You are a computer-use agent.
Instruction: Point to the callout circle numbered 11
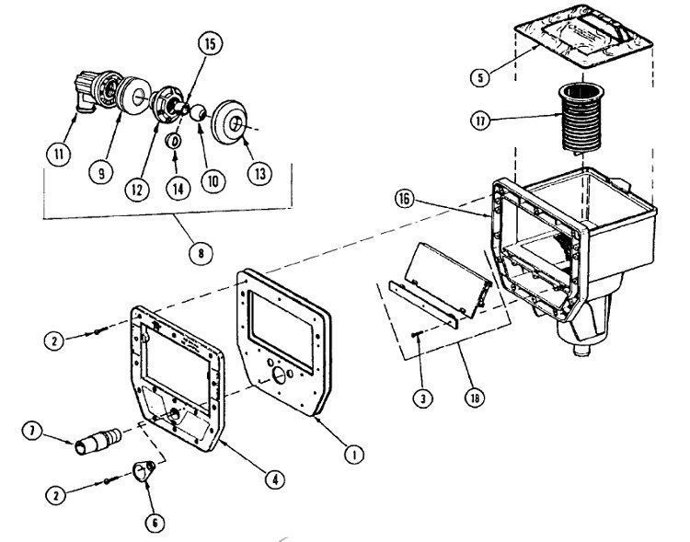coord(59,155)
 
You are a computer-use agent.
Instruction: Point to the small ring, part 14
coord(172,141)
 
